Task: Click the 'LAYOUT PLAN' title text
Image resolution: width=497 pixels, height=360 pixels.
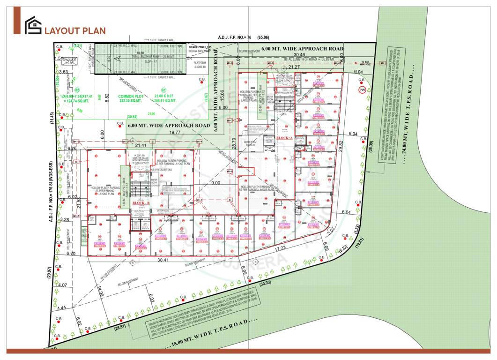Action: [75, 31]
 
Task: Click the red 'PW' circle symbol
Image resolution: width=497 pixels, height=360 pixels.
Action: [362, 90]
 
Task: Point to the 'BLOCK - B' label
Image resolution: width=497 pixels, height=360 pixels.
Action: [141, 202]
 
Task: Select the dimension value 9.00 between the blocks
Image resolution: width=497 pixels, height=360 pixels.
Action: [215, 183]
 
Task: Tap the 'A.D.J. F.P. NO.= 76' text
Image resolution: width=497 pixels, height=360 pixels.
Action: [236, 37]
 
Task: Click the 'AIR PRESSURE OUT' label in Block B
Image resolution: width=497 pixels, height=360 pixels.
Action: [162, 170]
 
